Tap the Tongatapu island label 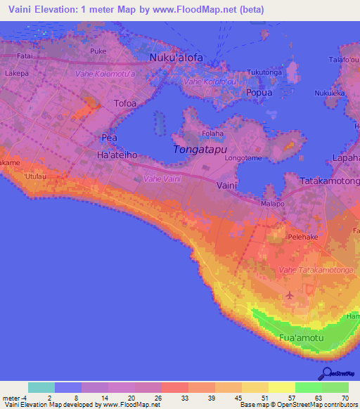[200, 149]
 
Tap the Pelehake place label [304, 238]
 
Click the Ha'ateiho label [116, 154]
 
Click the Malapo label [272, 203]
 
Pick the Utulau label [35, 176]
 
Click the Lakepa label [16, 72]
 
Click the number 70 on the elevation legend [345, 398]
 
